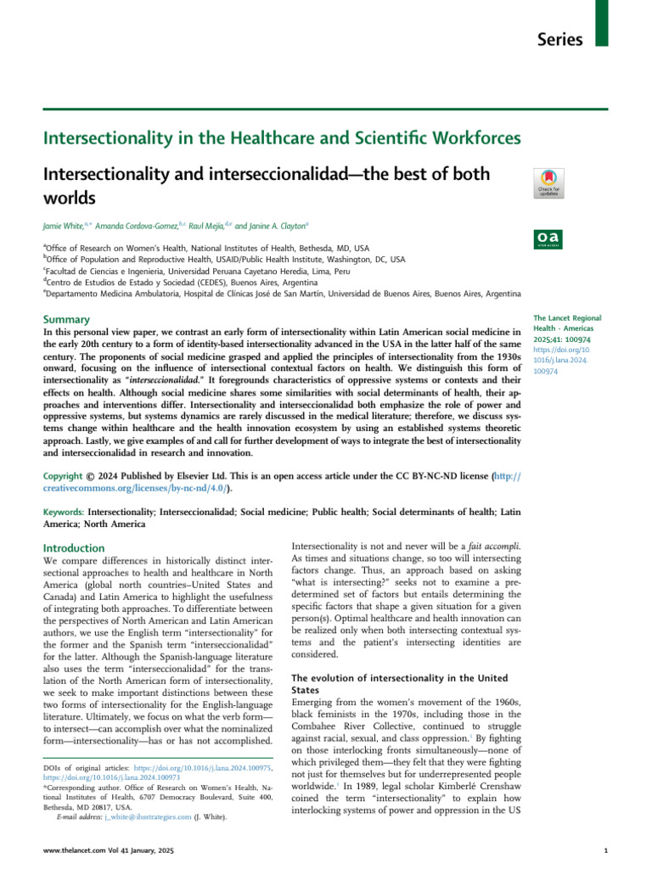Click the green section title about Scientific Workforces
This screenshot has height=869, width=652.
coord(283,137)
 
